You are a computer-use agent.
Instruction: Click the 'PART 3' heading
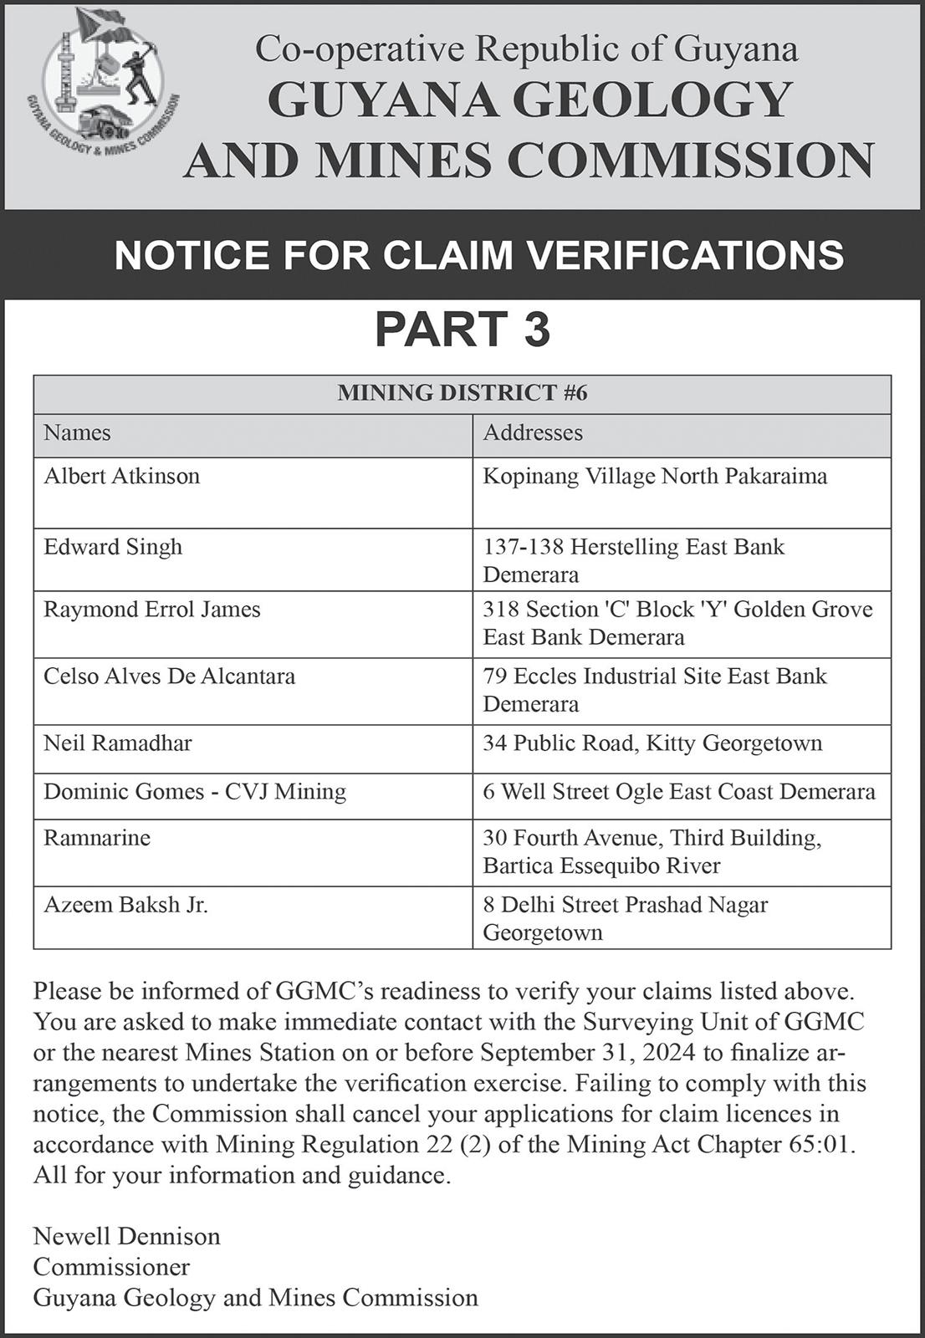point(462,329)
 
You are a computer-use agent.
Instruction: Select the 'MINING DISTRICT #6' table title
point(462,393)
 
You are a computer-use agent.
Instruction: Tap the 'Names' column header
point(77,433)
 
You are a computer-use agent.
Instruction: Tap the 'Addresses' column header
point(533,433)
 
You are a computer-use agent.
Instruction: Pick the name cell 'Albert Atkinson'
point(122,477)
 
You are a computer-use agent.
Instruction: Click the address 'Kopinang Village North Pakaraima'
point(655,477)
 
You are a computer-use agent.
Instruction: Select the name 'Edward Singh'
point(113,547)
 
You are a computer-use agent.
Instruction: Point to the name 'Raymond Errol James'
point(152,610)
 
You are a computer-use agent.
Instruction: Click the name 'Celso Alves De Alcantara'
point(169,676)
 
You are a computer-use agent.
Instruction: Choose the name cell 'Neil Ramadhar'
point(118,743)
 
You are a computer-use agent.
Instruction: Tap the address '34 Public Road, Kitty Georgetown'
point(652,743)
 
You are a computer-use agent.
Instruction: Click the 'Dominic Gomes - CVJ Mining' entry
point(195,791)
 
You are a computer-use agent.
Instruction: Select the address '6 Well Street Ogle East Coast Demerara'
point(679,791)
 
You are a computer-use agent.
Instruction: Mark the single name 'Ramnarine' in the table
point(97,838)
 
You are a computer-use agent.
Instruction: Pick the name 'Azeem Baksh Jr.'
point(125,905)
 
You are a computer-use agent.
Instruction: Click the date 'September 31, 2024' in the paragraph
point(590,1052)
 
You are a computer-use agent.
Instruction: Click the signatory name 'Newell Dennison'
point(127,1236)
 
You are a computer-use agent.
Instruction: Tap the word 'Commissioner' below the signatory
point(111,1267)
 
